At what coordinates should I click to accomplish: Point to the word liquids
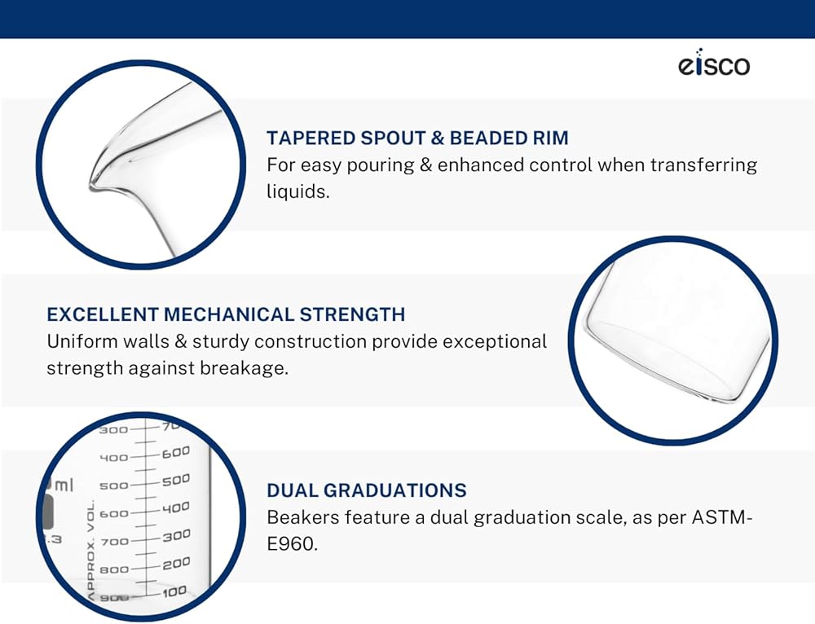[297, 191]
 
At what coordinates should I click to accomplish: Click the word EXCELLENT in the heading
[103, 315]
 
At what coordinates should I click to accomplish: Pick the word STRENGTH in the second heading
[352, 315]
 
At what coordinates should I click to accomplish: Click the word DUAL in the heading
[292, 490]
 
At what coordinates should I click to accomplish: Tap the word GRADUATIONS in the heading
[394, 490]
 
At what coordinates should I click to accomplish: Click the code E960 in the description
[292, 544]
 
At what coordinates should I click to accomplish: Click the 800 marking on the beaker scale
[114, 570]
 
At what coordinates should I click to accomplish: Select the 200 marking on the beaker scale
[176, 563]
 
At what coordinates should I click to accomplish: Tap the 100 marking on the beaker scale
[174, 591]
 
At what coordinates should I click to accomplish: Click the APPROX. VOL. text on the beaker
[91, 551]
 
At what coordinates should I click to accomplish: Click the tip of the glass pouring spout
[93, 186]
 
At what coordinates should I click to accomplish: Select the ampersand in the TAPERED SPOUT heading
[438, 138]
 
